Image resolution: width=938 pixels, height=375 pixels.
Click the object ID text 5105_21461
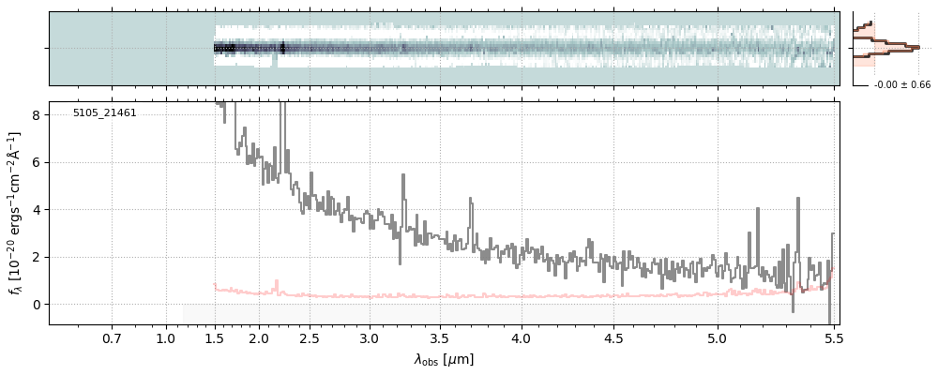click(x=104, y=113)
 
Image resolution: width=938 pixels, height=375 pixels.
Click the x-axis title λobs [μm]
click(x=444, y=359)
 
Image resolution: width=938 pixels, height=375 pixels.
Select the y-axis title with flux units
click(x=15, y=214)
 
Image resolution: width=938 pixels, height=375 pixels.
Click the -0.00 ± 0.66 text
click(x=901, y=85)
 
